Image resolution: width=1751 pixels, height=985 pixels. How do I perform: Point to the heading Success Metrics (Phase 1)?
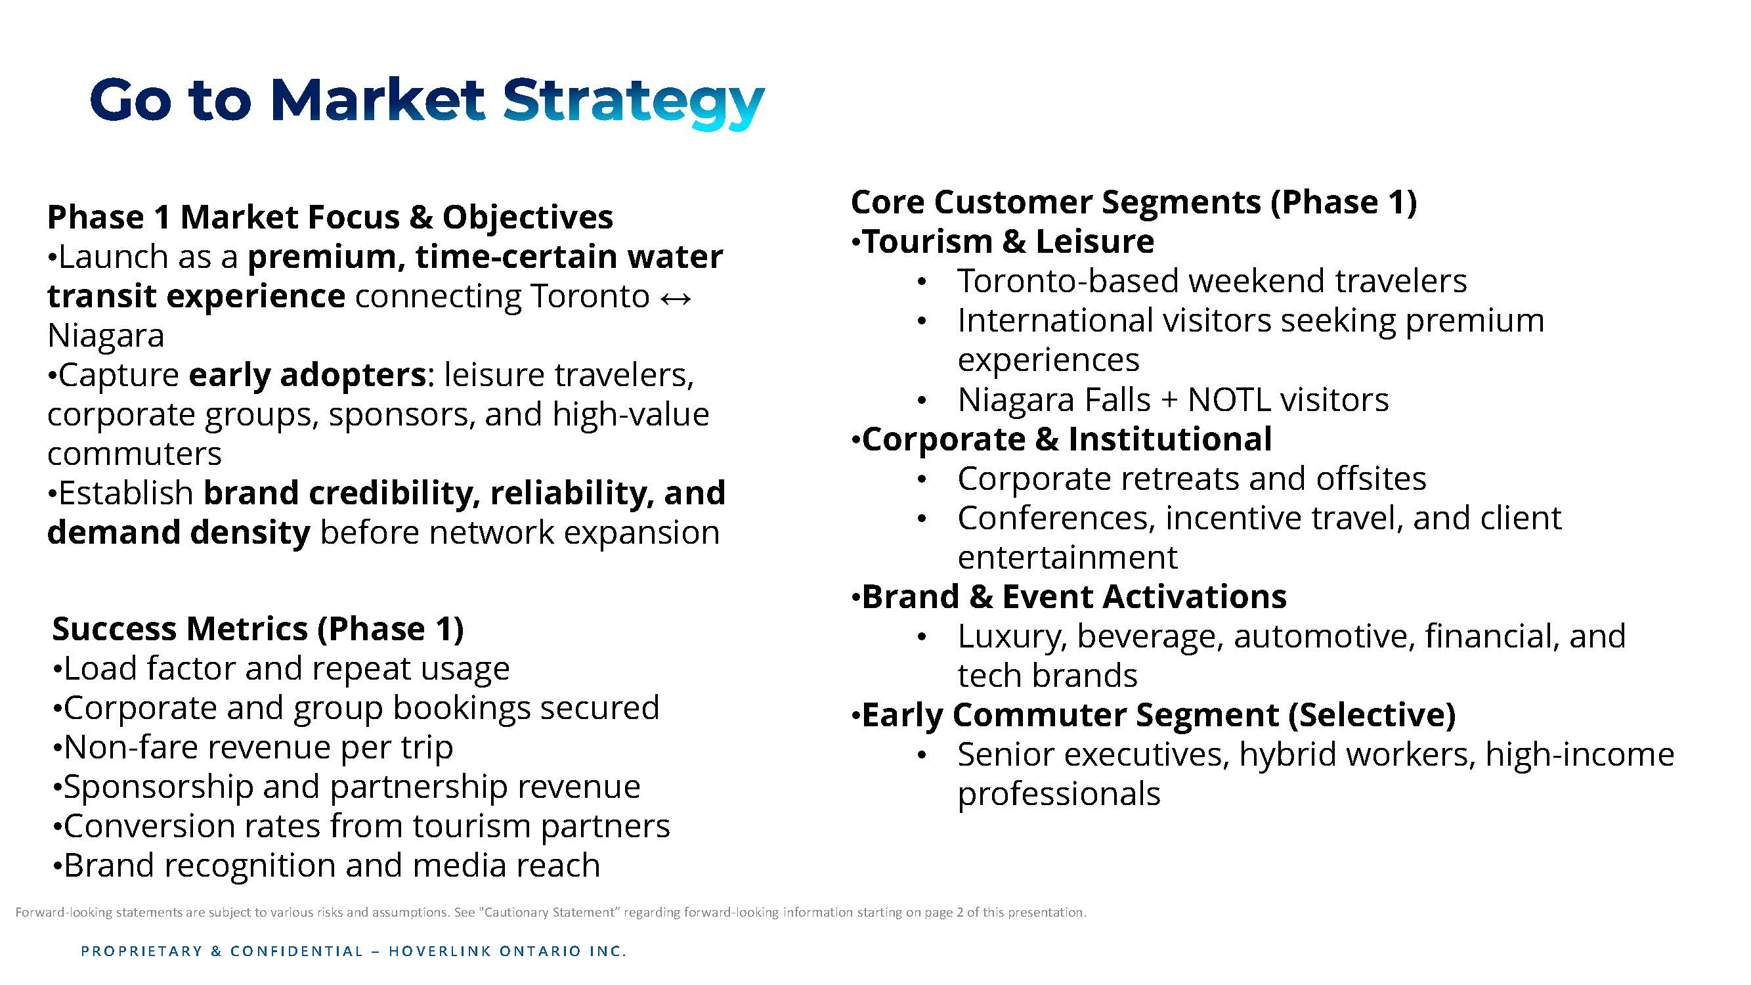tap(258, 629)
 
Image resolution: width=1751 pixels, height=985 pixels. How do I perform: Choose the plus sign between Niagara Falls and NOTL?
tap(1169, 401)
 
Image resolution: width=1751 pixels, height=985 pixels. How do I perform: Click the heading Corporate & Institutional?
tap(1067, 439)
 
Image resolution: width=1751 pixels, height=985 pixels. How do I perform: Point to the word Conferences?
tap(1056, 519)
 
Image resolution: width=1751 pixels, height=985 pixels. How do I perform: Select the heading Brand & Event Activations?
tap(1074, 597)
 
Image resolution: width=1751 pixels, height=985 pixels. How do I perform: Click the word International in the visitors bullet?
tap(1056, 320)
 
